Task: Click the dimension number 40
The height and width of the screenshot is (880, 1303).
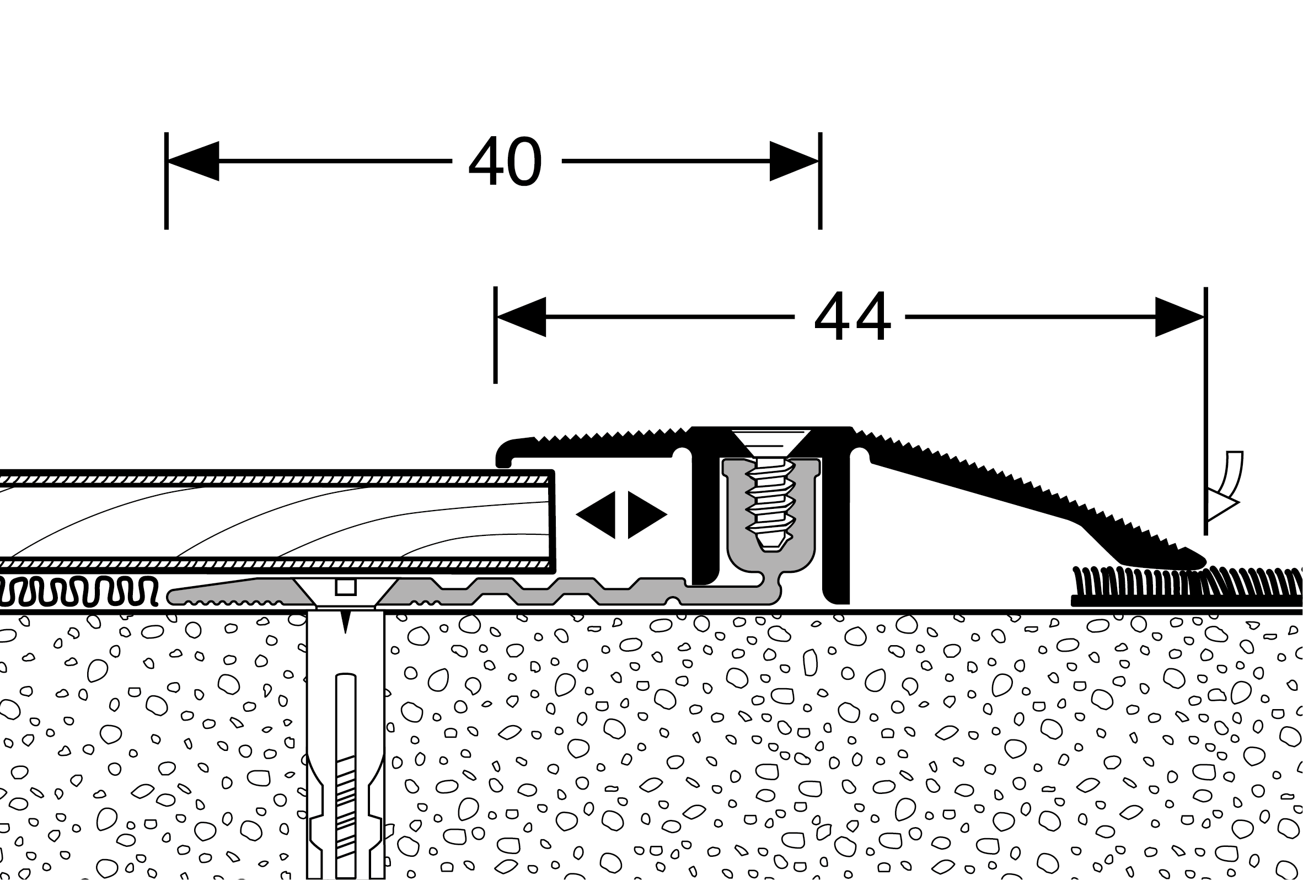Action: click(505, 162)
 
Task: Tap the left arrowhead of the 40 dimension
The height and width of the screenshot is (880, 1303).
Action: click(194, 162)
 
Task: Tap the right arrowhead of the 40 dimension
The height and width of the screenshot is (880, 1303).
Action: click(794, 162)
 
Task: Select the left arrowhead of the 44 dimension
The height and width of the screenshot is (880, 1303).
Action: click(522, 317)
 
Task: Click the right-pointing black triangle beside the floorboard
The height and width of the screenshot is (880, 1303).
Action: click(646, 514)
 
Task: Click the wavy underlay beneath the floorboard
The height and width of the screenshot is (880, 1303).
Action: click(78, 593)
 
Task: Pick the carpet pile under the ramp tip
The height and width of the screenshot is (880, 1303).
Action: click(1177, 588)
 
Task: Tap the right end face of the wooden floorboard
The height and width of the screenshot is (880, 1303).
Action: click(552, 521)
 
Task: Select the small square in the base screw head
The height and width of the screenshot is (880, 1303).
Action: click(345, 587)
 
